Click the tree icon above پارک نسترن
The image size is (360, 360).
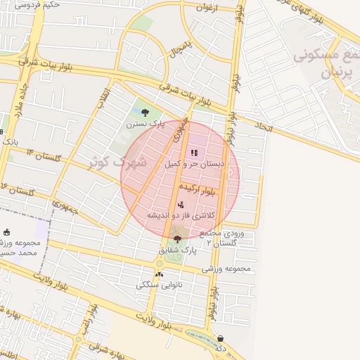145,112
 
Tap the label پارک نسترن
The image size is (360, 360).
145,124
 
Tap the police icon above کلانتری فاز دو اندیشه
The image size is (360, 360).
181,204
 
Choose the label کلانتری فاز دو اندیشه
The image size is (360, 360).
181,214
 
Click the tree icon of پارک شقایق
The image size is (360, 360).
176,239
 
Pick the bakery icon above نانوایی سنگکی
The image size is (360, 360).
159,274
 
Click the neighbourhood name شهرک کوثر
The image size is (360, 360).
117,162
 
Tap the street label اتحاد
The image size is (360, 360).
262,127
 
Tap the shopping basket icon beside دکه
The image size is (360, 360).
221,338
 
